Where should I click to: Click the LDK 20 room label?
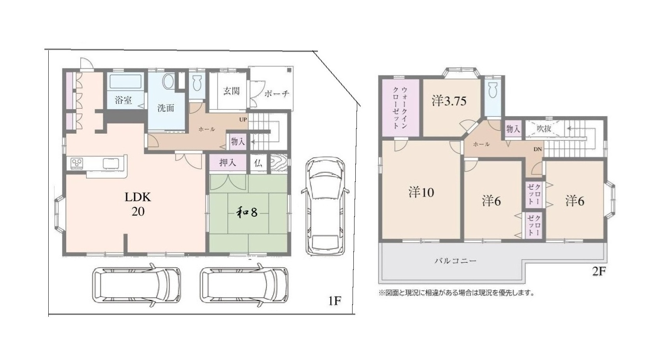[138, 204]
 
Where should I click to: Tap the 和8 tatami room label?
[247, 212]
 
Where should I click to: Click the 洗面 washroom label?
[166, 108]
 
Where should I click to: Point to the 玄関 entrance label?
[231, 91]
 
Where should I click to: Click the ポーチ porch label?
[277, 94]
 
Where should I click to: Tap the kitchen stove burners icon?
[77, 163]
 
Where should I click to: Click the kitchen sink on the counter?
[111, 163]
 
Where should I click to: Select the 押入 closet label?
[227, 162]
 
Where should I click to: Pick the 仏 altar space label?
[258, 163]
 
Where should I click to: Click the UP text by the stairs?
[243, 120]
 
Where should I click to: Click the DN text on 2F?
[538, 149]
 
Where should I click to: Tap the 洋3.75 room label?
[449, 101]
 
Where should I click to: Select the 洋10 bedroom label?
[421, 192]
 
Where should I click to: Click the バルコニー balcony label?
[455, 261]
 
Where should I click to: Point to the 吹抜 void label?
[544, 129]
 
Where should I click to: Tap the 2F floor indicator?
[599, 271]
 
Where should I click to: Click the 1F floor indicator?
[334, 301]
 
